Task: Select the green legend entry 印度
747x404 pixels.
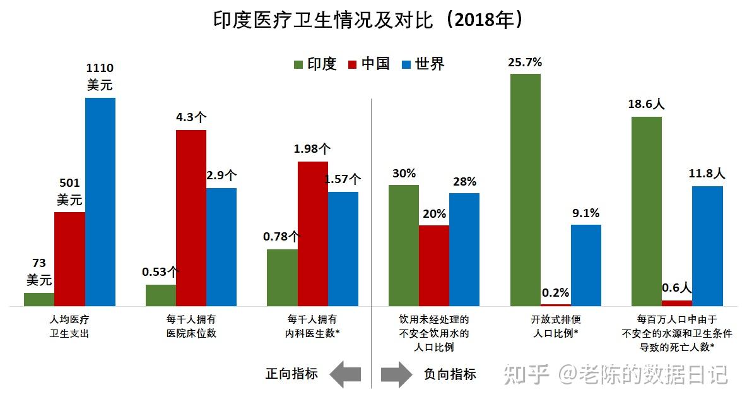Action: click(x=315, y=64)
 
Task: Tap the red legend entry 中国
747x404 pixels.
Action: click(x=368, y=64)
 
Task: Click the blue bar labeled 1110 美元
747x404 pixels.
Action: click(x=100, y=202)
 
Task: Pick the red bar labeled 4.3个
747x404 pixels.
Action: click(x=191, y=218)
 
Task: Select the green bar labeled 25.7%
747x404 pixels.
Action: click(x=526, y=189)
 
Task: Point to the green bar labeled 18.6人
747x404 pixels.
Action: click(x=647, y=211)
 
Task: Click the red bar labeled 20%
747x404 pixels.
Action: click(x=434, y=265)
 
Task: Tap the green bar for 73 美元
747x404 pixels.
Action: click(x=39, y=299)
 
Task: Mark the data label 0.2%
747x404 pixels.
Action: click(x=556, y=293)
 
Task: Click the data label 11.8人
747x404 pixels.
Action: click(x=707, y=173)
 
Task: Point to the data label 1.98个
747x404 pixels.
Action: click(x=312, y=150)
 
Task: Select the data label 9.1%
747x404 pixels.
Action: click(x=585, y=213)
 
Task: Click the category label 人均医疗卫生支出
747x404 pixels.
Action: click(x=69, y=326)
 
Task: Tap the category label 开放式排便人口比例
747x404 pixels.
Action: click(x=555, y=326)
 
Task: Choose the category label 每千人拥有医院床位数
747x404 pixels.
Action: click(x=191, y=326)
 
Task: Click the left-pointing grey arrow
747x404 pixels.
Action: click(x=346, y=374)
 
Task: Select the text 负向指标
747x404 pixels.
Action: click(x=450, y=374)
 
